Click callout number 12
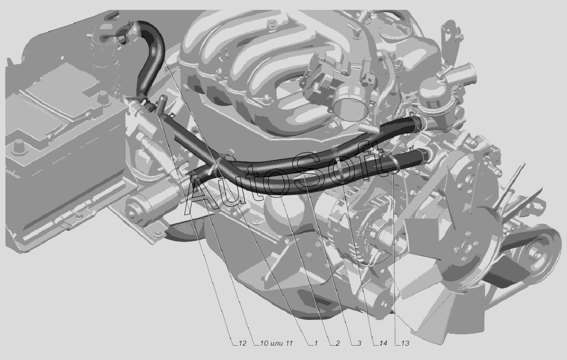coord(242,343)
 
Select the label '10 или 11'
coord(276,343)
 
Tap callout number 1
coord(315,343)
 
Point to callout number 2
coord(337,343)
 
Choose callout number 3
coord(359,343)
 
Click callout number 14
coord(383,343)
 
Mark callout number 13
coord(405,343)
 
